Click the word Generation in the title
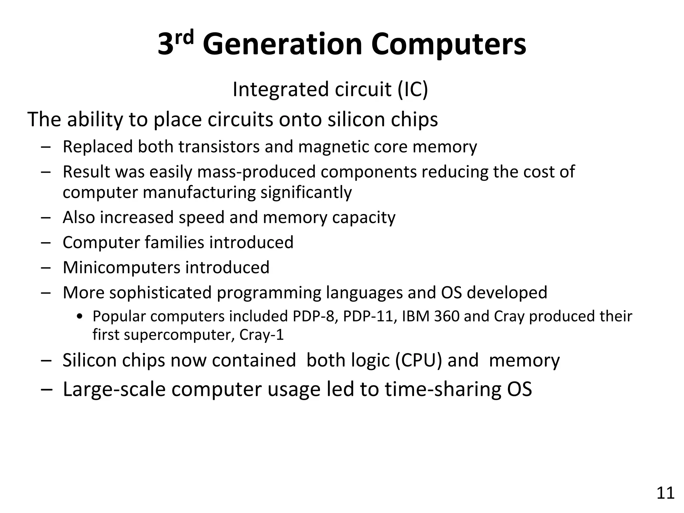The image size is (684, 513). pyautogui.click(x=282, y=44)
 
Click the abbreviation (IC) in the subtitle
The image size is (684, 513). pyautogui.click(x=412, y=89)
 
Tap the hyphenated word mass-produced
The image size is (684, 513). pyautogui.click(x=256, y=172)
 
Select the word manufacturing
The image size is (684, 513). pyautogui.click(x=199, y=192)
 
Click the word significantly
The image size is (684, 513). pyautogui.click(x=306, y=192)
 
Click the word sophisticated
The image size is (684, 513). pyautogui.click(x=160, y=293)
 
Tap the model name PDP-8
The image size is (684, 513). pyautogui.click(x=313, y=316)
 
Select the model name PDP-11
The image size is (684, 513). pyautogui.click(x=370, y=316)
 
